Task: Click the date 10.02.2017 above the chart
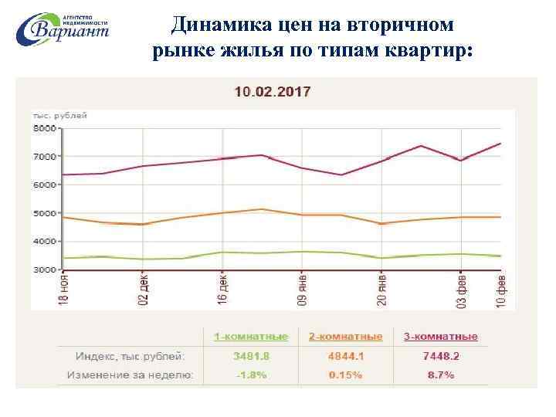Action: pos(273,92)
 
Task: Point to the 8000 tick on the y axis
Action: pos(44,128)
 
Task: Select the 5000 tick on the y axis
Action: pos(44,213)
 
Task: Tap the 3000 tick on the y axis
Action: pos(44,270)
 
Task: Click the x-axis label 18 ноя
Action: pos(65,291)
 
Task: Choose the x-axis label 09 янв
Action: pos(303,291)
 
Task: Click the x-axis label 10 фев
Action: pos(500,291)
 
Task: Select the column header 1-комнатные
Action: pos(251,337)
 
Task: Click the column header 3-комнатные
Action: pos(441,337)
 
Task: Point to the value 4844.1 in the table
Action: pos(346,356)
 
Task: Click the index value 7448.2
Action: pos(441,356)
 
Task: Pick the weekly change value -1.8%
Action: pos(251,375)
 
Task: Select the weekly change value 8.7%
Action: pos(441,375)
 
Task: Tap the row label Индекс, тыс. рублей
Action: pos(130,356)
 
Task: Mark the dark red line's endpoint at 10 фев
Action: pos(500,144)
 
